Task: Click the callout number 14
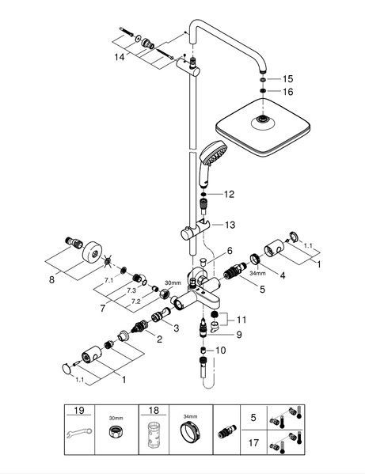point(119,56)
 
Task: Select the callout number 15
point(288,78)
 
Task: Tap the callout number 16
point(288,92)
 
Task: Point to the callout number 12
point(229,194)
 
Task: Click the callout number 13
point(230,225)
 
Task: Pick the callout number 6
point(230,251)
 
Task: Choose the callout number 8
point(51,279)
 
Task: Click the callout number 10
point(220,351)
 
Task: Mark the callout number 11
point(241,320)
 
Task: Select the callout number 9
point(239,335)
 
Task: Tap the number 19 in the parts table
point(79,411)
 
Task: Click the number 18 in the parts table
point(154,411)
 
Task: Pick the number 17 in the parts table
point(253,443)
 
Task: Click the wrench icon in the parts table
point(79,432)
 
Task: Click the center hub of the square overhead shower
point(263,119)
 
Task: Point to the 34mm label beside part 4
point(257,273)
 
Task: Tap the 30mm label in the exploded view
point(173,283)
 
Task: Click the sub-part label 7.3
point(131,290)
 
